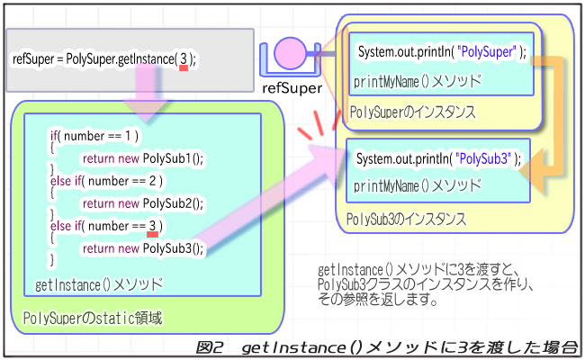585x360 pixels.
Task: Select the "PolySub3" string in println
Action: coord(487,159)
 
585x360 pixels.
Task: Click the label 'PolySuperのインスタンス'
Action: coord(413,112)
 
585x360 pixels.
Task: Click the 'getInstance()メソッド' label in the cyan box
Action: coord(99,285)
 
